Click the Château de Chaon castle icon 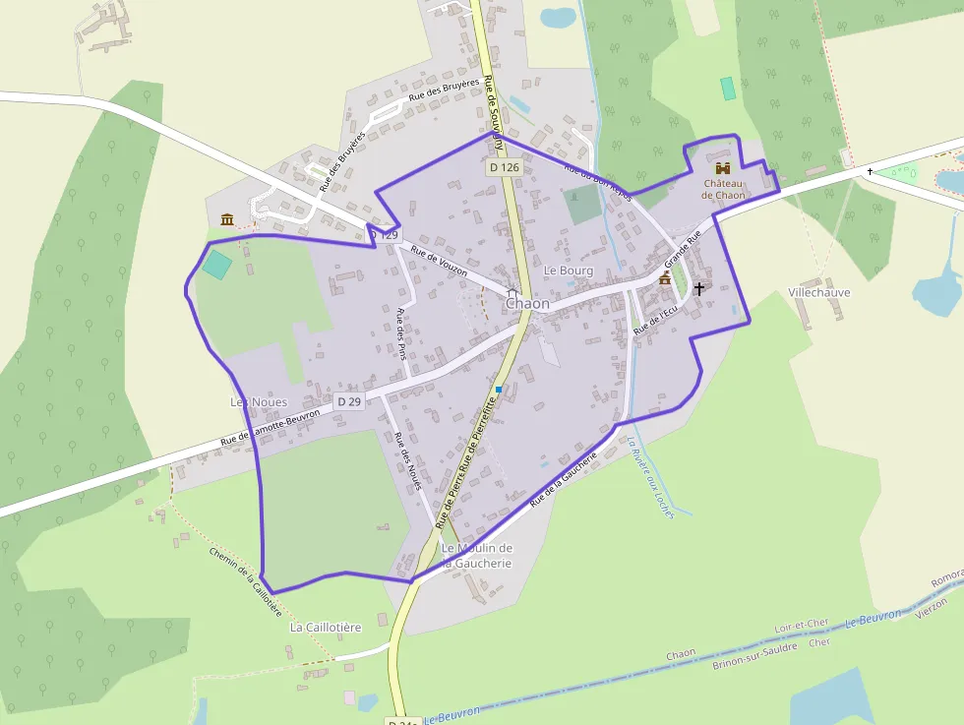[x=723, y=168]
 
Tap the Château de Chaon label [x=723, y=189]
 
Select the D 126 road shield [x=504, y=167]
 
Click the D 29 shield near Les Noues [x=349, y=401]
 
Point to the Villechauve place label [x=818, y=292]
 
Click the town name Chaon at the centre [x=527, y=304]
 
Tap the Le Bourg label [x=569, y=270]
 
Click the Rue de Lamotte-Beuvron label [x=271, y=429]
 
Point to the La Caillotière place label [x=326, y=627]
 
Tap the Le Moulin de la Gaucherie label [x=477, y=556]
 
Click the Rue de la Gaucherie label [x=564, y=479]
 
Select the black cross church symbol [x=699, y=288]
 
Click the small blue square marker [x=499, y=390]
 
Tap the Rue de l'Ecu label [x=656, y=319]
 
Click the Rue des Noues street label [x=407, y=460]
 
